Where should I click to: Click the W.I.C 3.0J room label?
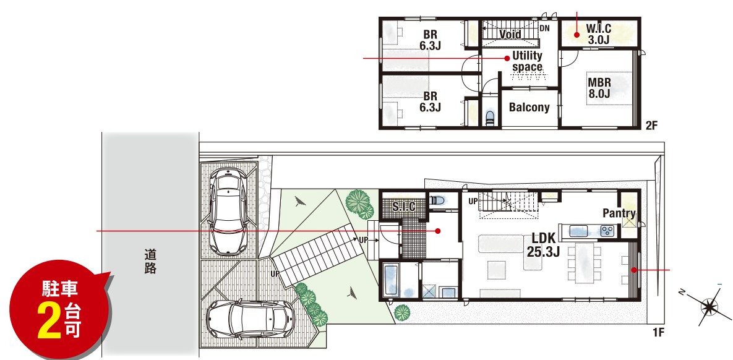click(599, 34)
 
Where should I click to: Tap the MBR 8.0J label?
click(599, 88)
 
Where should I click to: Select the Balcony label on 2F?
click(529, 107)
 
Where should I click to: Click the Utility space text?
click(527, 61)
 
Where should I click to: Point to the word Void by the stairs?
click(510, 34)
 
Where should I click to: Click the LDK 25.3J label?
click(543, 245)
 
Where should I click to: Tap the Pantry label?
click(619, 213)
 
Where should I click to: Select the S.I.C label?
click(403, 207)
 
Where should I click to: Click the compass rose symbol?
click(709, 307)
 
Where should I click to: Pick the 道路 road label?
click(150, 262)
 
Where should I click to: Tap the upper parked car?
click(229, 211)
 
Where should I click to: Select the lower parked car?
click(250, 320)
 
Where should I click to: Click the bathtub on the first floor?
click(391, 280)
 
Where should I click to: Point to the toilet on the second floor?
click(490, 117)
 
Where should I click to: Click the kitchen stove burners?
click(607, 230)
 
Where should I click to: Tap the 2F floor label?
click(652, 125)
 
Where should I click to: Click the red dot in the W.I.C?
click(577, 34)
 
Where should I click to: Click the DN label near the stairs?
click(544, 28)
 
